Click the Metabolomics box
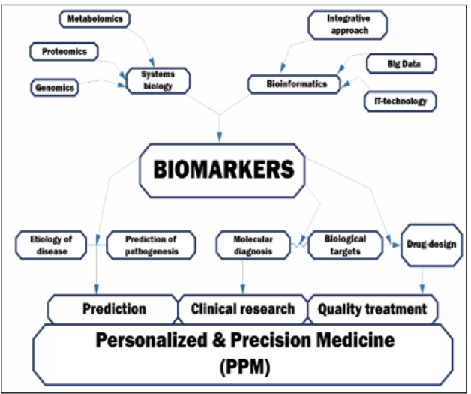click(88, 17)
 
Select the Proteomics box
click(63, 51)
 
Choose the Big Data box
click(403, 65)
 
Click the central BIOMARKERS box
click(223, 169)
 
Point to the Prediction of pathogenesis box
click(150, 245)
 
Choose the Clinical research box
click(243, 308)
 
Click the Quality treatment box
click(373, 308)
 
